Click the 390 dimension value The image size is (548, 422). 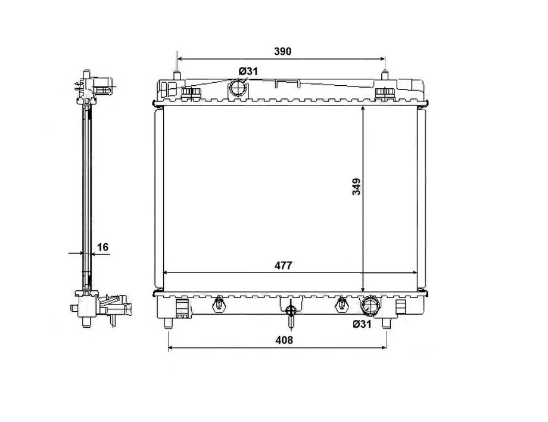click(x=282, y=51)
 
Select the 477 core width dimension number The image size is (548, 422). click(x=283, y=265)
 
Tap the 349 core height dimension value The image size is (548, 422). click(x=356, y=187)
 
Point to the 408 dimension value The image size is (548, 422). click(x=284, y=340)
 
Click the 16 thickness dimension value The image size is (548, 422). click(x=102, y=247)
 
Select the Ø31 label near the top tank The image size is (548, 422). click(x=248, y=72)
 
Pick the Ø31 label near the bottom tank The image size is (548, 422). click(x=362, y=324)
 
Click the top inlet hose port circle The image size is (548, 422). click(x=238, y=88)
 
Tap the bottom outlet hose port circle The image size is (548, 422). click(x=370, y=305)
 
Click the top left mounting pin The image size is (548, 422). click(x=177, y=76)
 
